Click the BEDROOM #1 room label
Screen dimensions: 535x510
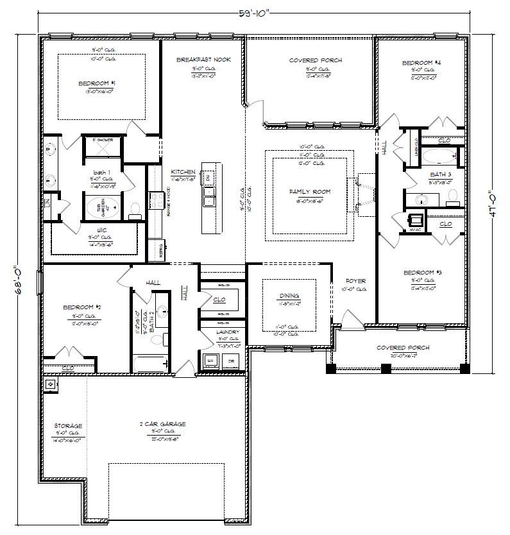97,83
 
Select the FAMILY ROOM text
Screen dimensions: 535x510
310,192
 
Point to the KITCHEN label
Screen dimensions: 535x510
183,172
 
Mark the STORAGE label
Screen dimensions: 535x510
67,425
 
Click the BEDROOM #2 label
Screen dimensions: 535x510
82,307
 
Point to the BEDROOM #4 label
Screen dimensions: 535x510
421,62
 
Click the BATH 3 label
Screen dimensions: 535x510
441,174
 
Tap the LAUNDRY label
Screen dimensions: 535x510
229,332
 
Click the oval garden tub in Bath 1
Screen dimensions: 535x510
104,208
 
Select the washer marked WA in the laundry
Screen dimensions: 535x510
209,361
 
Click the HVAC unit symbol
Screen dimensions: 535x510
416,218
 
